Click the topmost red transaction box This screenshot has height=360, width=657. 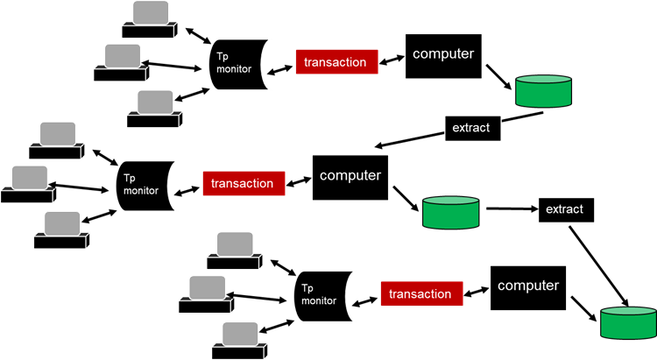click(x=336, y=62)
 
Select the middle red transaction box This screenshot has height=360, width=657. click(x=244, y=184)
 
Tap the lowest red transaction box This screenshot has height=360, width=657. click(x=421, y=294)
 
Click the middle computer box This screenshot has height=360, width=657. click(x=350, y=178)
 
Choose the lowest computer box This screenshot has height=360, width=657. click(x=527, y=286)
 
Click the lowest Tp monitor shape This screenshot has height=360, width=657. click(x=323, y=294)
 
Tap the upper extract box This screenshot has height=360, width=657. click(x=472, y=128)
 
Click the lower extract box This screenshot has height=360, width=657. click(x=565, y=210)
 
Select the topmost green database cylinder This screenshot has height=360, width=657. click(x=543, y=91)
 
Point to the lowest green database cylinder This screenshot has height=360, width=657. click(x=628, y=322)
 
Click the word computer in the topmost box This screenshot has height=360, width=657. click(x=443, y=53)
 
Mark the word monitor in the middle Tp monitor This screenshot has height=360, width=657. click(x=141, y=190)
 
